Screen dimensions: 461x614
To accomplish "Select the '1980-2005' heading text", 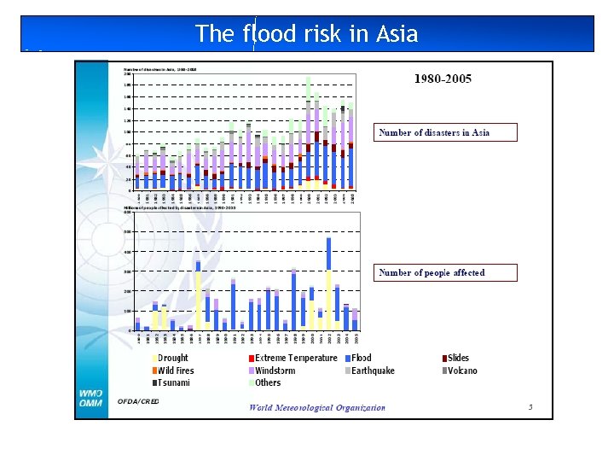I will click(443, 79).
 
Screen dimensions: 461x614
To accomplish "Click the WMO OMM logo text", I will click(91, 399).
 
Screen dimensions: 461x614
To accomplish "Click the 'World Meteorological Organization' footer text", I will click(317, 407).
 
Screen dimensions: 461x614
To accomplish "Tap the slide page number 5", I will click(530, 407).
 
